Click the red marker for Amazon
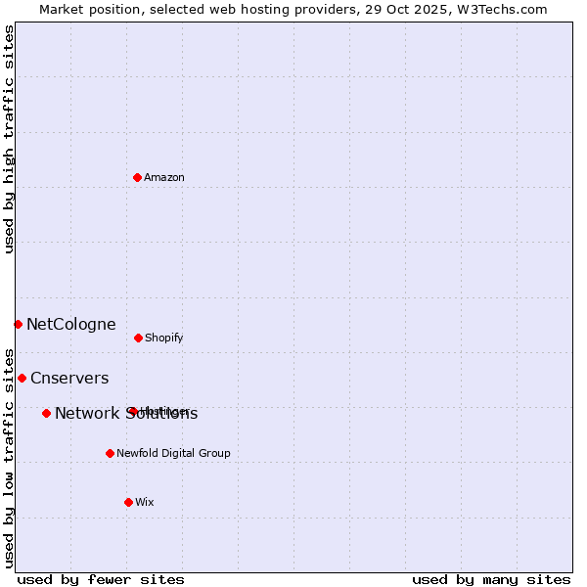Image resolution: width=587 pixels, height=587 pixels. [x=137, y=177]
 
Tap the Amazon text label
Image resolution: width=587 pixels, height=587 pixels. [x=164, y=177]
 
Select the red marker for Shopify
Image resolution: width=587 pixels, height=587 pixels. [x=138, y=338]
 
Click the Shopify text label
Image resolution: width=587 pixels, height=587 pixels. [x=163, y=338]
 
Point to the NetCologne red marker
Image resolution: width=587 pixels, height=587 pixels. [x=18, y=324]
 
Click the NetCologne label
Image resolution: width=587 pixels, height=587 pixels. [x=70, y=324]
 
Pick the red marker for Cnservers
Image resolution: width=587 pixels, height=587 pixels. [x=22, y=378]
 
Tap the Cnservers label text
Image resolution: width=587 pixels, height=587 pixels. [x=69, y=378]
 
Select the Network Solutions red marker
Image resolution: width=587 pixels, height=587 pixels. [x=46, y=413]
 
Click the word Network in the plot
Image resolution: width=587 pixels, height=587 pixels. [x=86, y=413]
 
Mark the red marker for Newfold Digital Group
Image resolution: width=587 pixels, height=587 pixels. [x=110, y=453]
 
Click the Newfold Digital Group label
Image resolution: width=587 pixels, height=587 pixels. [x=173, y=453]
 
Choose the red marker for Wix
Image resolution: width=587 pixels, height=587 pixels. [x=128, y=502]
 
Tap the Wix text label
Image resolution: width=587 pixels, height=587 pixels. [x=145, y=502]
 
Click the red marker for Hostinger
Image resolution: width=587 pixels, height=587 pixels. [x=131, y=411]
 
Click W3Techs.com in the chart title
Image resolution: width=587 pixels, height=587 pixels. [x=498, y=9]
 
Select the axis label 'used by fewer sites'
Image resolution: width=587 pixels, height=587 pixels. [x=101, y=579]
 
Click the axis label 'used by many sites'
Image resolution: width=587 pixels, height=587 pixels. [x=491, y=579]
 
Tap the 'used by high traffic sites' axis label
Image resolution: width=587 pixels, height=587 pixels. [x=9, y=139]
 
